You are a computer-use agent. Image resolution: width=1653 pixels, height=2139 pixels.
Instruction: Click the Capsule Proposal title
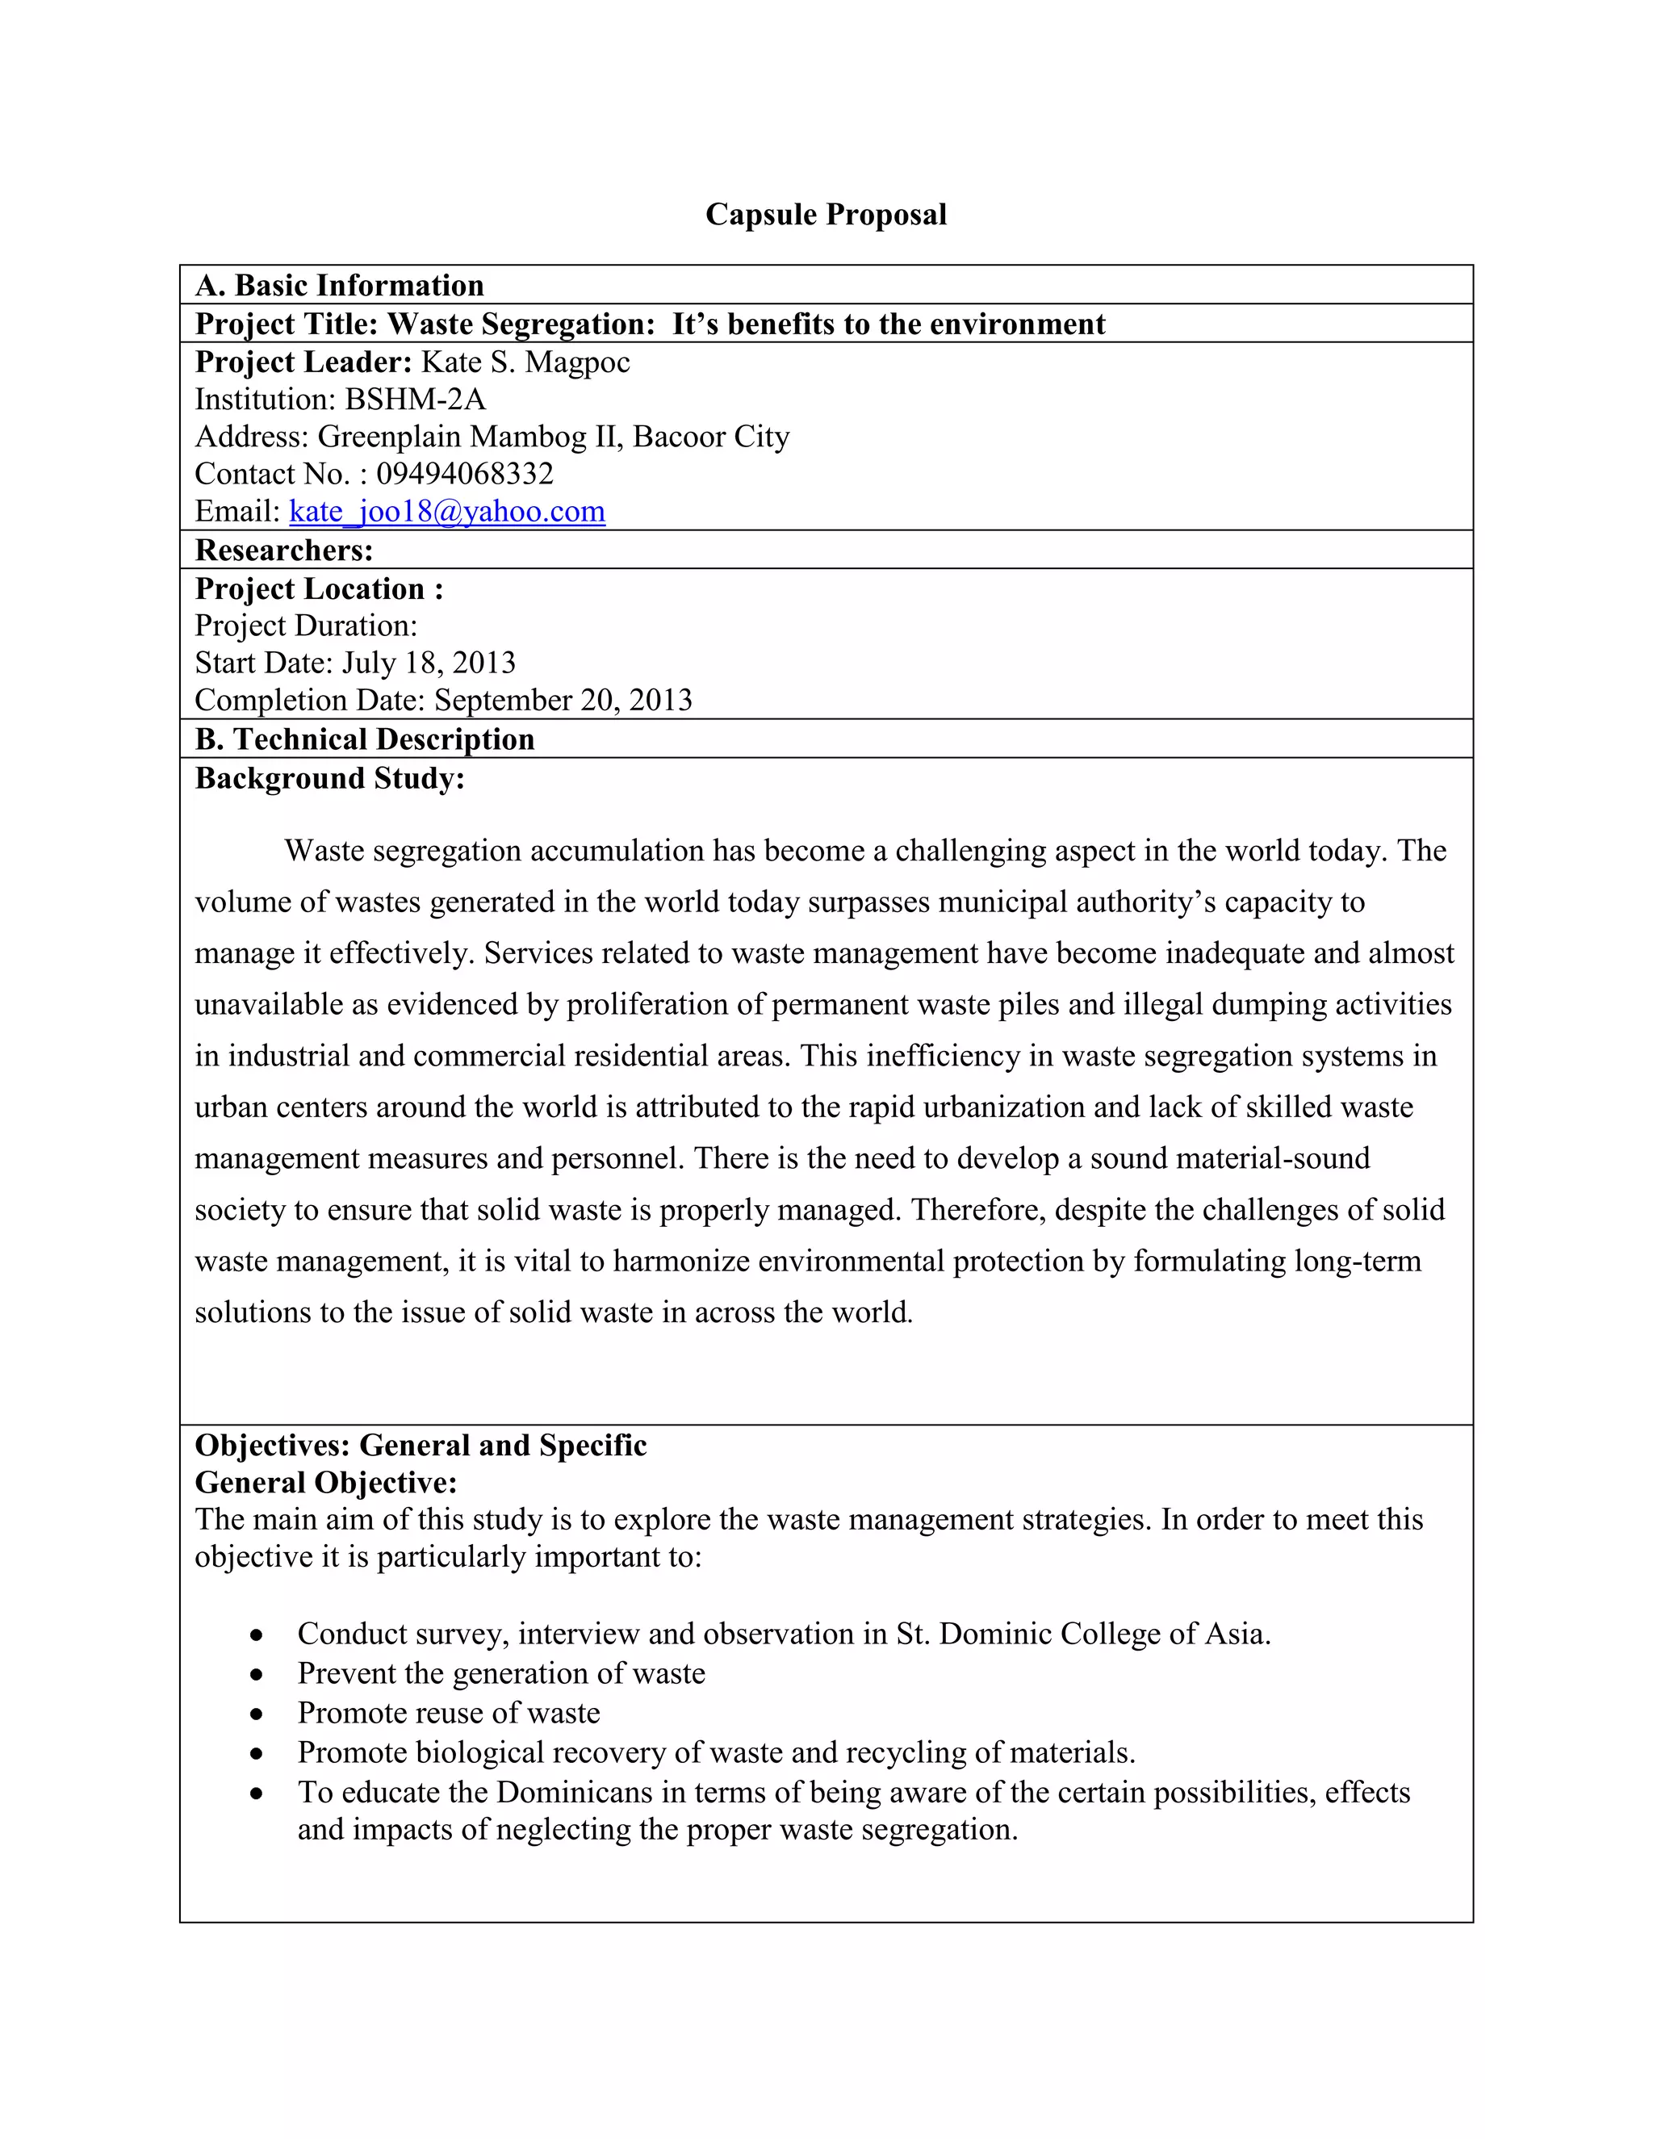tap(826, 215)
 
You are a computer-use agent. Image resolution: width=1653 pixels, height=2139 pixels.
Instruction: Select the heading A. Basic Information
tap(339, 285)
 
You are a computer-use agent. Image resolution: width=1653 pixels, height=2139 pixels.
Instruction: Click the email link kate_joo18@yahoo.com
tap(446, 511)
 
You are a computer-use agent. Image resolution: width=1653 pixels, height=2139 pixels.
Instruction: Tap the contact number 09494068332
tap(465, 474)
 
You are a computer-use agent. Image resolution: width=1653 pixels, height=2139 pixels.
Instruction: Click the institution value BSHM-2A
tap(415, 400)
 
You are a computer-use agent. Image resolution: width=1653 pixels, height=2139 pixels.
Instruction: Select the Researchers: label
tap(284, 550)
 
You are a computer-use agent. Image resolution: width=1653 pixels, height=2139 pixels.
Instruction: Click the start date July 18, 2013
tap(428, 663)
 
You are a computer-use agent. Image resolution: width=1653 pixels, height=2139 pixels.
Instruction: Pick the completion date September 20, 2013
tap(563, 701)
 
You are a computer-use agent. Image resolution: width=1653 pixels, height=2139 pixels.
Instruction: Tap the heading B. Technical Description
tap(364, 739)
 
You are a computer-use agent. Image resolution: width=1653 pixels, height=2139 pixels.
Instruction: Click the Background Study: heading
tap(330, 779)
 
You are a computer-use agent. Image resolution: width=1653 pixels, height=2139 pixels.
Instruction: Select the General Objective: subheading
tap(326, 1483)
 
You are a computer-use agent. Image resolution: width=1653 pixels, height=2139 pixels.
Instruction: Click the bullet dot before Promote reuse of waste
tap(257, 1714)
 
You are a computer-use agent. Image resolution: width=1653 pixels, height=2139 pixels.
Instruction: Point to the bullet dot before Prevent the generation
tap(257, 1675)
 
